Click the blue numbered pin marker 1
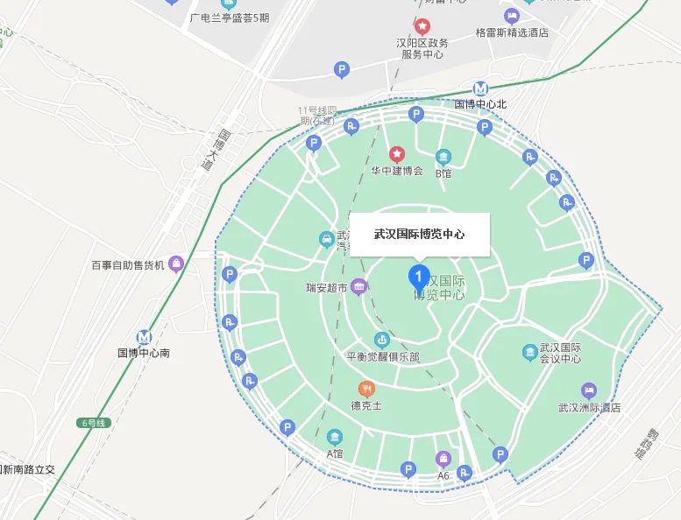[x=419, y=278]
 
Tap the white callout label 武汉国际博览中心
[x=419, y=235]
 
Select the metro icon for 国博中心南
[x=144, y=338]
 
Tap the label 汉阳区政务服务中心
[x=422, y=48]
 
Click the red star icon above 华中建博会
[x=397, y=154]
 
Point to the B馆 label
[x=443, y=172]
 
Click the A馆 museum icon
[x=335, y=437]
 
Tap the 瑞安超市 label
[x=326, y=287]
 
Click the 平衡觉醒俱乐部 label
[x=382, y=357]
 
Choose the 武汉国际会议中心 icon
[x=530, y=352]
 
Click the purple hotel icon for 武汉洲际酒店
[x=589, y=390]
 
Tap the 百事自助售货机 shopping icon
[x=176, y=263]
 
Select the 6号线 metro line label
[x=93, y=423]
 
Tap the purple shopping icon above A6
[x=443, y=459]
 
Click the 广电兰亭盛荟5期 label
[x=230, y=18]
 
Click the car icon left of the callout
[x=325, y=238]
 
